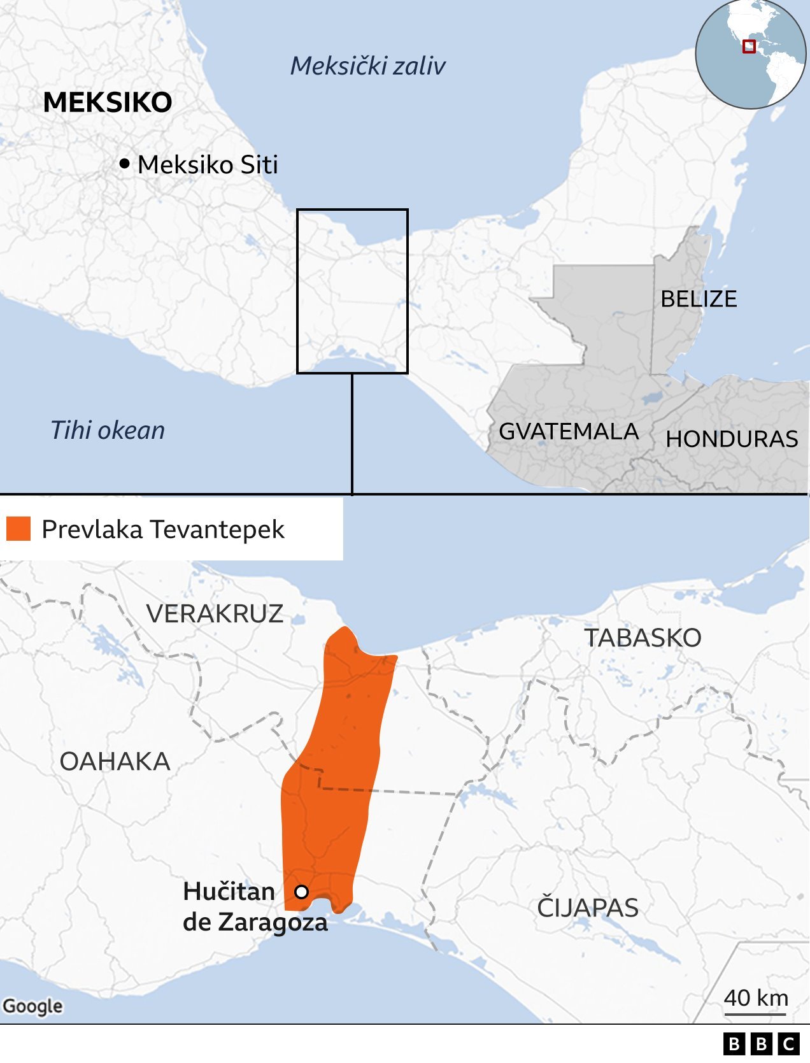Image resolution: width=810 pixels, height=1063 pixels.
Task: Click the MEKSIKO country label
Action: [108, 103]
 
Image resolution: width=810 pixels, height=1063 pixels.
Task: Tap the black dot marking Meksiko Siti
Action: [124, 164]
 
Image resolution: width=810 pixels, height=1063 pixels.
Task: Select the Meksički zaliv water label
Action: [367, 66]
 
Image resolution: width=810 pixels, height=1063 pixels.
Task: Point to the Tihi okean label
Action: [108, 431]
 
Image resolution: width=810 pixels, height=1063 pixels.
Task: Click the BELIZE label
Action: [699, 299]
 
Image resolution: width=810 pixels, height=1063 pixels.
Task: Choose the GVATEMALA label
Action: [568, 432]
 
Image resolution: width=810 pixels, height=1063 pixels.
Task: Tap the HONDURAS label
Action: [732, 439]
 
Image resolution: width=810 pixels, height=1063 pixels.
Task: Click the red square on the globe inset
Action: [749, 46]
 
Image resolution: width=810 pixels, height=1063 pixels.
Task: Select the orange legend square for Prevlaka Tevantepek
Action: [18, 529]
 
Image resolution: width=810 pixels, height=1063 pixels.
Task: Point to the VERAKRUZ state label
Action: [215, 614]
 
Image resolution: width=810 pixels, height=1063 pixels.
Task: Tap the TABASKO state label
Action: [643, 638]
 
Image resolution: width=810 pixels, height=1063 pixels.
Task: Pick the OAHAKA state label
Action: [115, 762]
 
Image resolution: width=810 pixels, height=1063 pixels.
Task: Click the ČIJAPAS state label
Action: [587, 908]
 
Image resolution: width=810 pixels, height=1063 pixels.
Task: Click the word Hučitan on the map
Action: [229, 892]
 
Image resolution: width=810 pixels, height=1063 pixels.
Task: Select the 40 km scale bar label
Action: [756, 997]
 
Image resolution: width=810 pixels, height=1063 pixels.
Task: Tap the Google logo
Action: [33, 1006]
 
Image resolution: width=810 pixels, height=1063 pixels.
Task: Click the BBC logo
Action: [762, 1045]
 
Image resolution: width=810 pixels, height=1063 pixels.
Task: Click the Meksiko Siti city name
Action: [208, 165]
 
